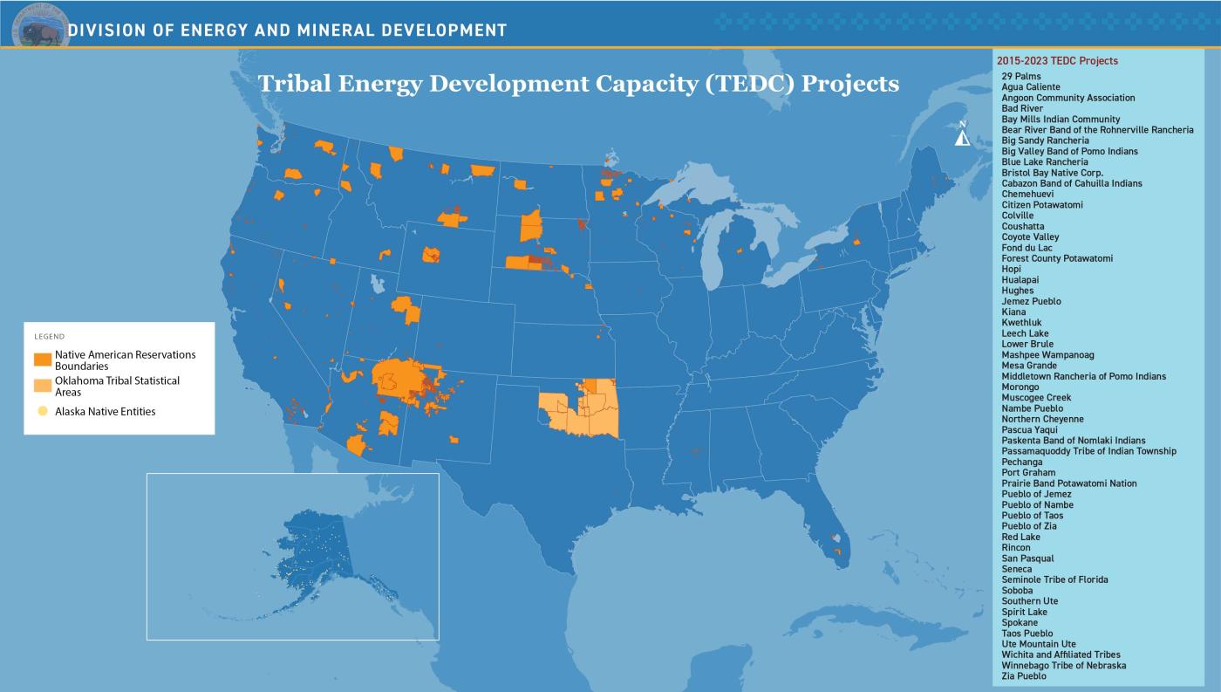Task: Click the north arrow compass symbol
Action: click(x=962, y=134)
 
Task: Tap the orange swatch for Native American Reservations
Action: click(x=42, y=360)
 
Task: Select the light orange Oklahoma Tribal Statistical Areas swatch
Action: click(x=42, y=386)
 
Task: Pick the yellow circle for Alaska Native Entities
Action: click(x=43, y=411)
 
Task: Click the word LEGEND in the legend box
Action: click(x=49, y=336)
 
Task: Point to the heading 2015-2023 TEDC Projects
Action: click(x=1056, y=61)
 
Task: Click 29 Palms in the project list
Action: click(x=1020, y=77)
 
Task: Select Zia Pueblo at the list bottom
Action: click(x=1023, y=676)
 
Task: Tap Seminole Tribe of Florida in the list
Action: click(x=1054, y=579)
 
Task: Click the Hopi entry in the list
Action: click(x=1011, y=270)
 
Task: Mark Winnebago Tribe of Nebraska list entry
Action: click(x=1063, y=665)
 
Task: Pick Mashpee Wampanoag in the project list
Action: click(x=1047, y=355)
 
